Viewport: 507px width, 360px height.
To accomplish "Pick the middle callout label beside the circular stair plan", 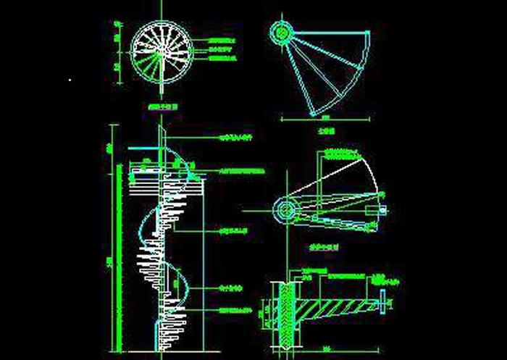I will pos(220,49).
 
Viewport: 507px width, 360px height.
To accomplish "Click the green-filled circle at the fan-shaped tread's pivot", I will pos(281,31).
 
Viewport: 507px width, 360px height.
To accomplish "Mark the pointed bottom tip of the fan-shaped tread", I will pos(312,114).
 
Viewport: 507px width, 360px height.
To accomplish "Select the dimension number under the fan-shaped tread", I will pos(325,119).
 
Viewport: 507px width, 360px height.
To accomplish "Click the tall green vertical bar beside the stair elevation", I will pos(117,246).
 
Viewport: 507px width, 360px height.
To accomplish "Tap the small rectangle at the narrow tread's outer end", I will pos(375,211).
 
